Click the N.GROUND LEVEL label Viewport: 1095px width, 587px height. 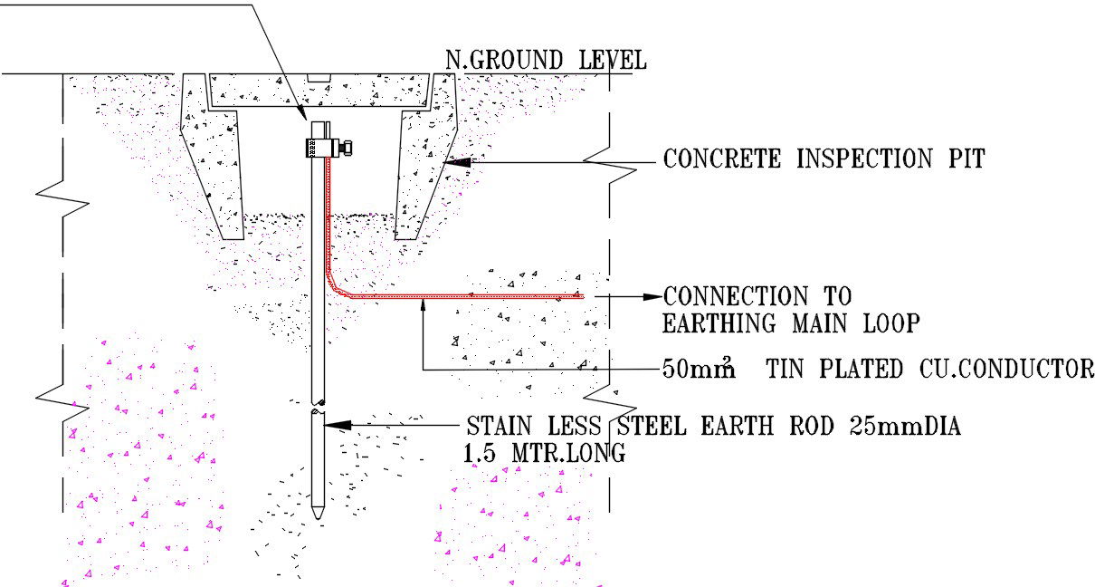click(546, 61)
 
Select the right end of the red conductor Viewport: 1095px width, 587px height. click(579, 295)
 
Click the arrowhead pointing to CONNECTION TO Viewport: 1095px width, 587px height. click(653, 296)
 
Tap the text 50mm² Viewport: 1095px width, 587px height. click(698, 370)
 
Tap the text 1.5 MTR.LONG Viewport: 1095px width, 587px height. click(544, 454)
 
